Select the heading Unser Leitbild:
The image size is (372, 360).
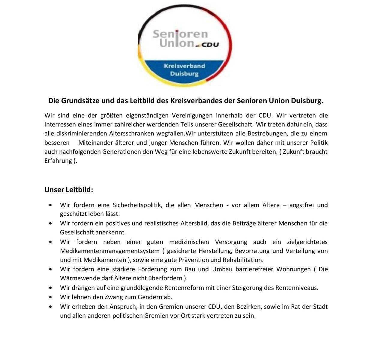(x=69, y=190)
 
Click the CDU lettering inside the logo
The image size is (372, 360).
(x=210, y=45)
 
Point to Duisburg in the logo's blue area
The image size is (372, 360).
(x=184, y=73)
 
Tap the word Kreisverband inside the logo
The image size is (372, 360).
(x=184, y=66)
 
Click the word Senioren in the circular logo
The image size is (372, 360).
(x=180, y=34)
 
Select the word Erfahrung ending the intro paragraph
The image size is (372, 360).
(x=58, y=161)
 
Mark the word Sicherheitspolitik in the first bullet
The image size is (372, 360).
(x=137, y=205)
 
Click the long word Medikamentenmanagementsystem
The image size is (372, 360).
(x=110, y=251)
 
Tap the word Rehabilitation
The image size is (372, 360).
(x=243, y=260)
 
